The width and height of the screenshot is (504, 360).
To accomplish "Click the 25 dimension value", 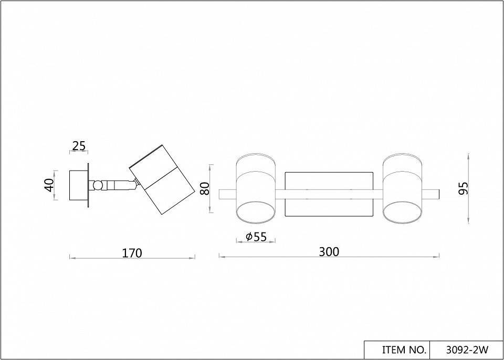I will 79,146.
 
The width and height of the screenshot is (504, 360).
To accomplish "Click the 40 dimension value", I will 49,185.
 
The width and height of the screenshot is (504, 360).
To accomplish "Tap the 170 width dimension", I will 132,253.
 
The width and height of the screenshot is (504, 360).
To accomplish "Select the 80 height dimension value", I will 205,188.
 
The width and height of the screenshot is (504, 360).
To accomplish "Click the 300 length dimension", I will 329,252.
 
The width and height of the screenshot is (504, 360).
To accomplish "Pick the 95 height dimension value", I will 463,188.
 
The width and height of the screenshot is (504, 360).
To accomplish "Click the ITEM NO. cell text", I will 396,350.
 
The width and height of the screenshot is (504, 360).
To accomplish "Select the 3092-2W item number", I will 466,350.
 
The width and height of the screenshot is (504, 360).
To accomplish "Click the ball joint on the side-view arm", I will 98,185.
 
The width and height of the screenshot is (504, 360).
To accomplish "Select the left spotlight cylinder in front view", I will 256,189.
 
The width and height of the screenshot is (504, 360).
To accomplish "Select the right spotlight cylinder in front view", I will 402,189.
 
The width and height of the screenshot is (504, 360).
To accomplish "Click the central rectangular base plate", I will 329,194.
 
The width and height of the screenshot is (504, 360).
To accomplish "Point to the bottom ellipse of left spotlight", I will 256,214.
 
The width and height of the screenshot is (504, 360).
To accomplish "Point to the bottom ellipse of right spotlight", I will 402,214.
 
